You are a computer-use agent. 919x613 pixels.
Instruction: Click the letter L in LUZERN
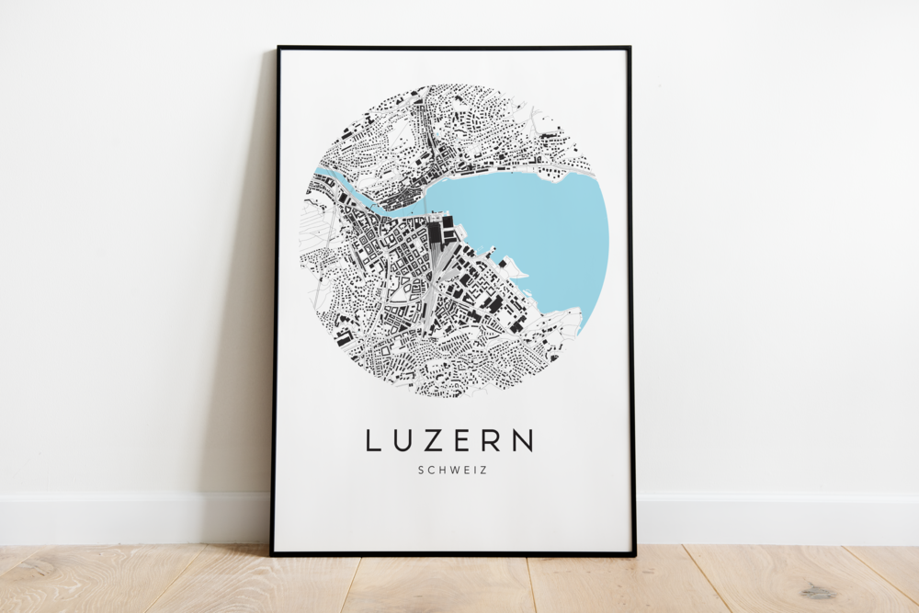[373, 440]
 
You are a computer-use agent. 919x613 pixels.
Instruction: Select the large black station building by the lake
[434, 231]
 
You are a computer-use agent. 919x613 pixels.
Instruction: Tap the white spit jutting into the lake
[515, 267]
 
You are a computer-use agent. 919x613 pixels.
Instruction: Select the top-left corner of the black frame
[278, 48]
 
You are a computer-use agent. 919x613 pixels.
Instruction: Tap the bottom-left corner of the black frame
[272, 553]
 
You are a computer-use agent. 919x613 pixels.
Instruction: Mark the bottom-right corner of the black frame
[634, 554]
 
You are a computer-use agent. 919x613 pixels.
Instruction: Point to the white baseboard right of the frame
[781, 519]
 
